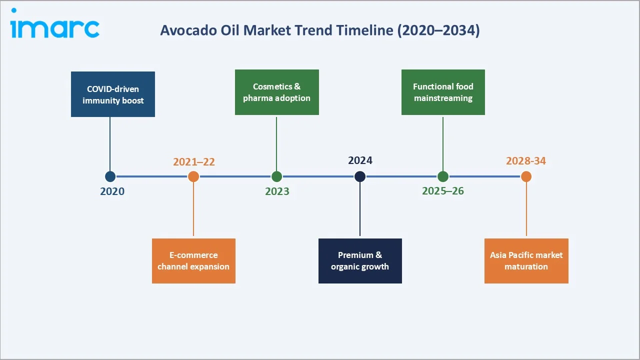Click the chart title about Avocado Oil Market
pyautogui.click(x=319, y=30)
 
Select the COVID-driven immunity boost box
pyautogui.click(x=113, y=94)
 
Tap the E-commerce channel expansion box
pyautogui.click(x=193, y=260)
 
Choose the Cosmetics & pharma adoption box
pyautogui.click(x=276, y=92)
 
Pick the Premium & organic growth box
pyautogui.click(x=360, y=260)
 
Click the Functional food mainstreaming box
pyautogui.click(x=443, y=92)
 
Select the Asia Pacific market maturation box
pyautogui.click(x=526, y=260)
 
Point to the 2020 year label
pyautogui.click(x=112, y=191)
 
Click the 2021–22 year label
pyautogui.click(x=194, y=161)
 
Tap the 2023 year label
pyautogui.click(x=277, y=191)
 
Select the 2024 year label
pyautogui.click(x=360, y=160)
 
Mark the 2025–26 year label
pyautogui.click(x=443, y=191)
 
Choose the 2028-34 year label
pyautogui.click(x=526, y=161)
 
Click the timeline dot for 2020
pyautogui.click(x=110, y=176)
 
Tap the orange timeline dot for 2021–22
pyautogui.click(x=193, y=176)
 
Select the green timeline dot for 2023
pyautogui.click(x=276, y=176)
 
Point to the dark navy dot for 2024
pyautogui.click(x=360, y=176)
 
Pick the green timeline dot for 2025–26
pyautogui.click(x=443, y=176)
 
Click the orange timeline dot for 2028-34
pyautogui.click(x=526, y=176)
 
